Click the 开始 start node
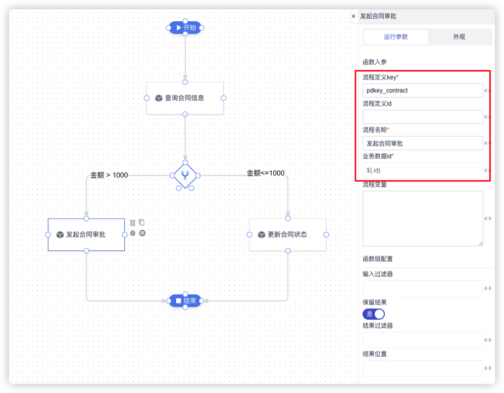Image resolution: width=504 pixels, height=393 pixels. click(185, 27)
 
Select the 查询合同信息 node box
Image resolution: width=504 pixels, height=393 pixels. click(185, 98)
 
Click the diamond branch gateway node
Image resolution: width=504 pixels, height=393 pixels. click(185, 176)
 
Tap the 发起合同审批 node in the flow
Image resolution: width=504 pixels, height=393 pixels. click(86, 235)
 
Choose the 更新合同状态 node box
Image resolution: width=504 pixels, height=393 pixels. click(287, 235)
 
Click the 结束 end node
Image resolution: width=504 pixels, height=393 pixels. click(185, 301)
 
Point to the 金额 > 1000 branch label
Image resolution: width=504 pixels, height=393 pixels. click(109, 175)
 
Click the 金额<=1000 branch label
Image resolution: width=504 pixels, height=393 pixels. click(265, 173)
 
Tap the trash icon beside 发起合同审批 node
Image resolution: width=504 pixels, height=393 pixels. click(133, 223)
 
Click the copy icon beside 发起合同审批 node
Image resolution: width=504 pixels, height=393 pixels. click(142, 223)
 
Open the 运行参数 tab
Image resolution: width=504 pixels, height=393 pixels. click(395, 37)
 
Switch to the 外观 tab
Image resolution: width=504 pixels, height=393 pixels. click(459, 37)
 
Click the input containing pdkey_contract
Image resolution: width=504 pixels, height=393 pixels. click(423, 91)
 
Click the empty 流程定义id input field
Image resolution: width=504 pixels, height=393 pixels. click(423, 117)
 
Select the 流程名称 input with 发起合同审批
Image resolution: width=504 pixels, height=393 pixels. click(423, 143)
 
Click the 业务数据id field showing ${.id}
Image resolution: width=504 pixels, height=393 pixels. click(423, 170)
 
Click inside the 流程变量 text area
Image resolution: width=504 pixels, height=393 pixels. click(423, 218)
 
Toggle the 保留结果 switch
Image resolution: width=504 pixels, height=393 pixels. click(374, 314)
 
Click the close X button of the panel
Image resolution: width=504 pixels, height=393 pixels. click(354, 16)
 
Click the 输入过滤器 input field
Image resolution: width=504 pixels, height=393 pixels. click(423, 288)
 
